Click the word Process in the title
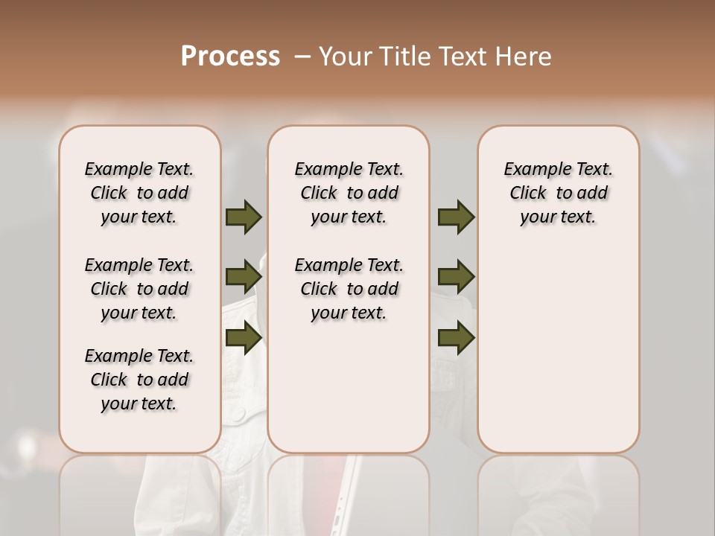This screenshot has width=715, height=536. [230, 56]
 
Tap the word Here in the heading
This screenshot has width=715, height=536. [524, 56]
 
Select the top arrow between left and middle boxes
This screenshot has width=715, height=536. [244, 217]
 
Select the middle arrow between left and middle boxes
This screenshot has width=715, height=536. [244, 277]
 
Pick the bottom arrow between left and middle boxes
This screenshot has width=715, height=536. [244, 338]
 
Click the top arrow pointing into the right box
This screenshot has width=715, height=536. [456, 217]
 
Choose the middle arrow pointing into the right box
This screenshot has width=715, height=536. [456, 277]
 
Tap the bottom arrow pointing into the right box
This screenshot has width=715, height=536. [456, 338]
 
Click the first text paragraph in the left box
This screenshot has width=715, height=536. [139, 193]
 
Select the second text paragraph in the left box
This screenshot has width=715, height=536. [139, 289]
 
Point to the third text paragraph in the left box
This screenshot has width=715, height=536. [139, 380]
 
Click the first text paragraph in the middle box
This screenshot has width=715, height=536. [349, 193]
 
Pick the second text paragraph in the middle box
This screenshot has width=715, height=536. [349, 289]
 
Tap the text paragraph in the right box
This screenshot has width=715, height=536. [558, 193]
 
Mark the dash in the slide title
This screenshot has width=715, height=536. [302, 56]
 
